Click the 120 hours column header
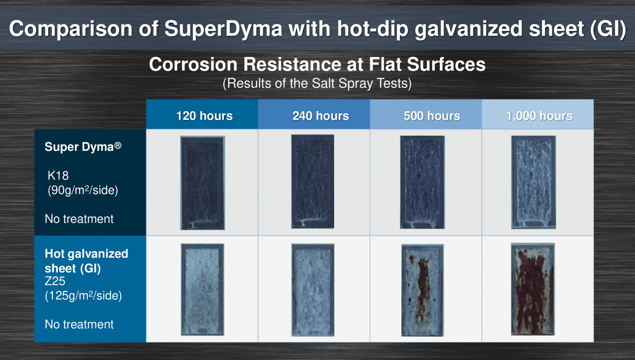click(204, 116)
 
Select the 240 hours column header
click(321, 116)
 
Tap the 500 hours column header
click(432, 116)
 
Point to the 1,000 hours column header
click(539, 116)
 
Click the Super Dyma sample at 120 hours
click(203, 183)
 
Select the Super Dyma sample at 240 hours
click(313, 181)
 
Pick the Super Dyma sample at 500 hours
click(422, 182)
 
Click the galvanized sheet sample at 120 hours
click(203, 289)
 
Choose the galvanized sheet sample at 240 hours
click(313, 290)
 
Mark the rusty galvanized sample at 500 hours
click(423, 290)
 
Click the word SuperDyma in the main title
click(224, 29)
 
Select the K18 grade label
click(58, 175)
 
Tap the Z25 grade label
click(55, 281)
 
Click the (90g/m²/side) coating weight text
click(83, 190)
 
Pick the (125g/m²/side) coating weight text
click(84, 295)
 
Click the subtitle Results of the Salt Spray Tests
click(317, 83)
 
